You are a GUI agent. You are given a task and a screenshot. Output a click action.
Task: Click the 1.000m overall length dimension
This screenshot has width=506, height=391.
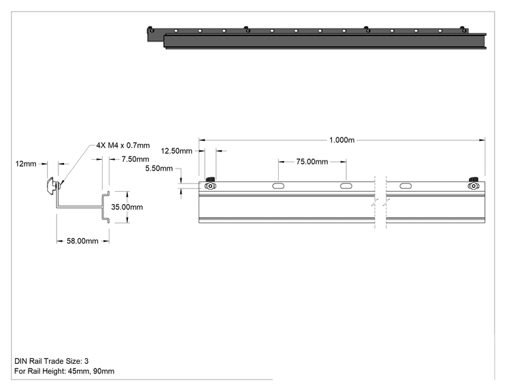341,140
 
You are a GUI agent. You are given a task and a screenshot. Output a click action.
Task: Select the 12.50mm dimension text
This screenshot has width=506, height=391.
177,151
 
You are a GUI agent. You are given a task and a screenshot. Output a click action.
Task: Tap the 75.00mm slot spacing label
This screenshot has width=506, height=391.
312,162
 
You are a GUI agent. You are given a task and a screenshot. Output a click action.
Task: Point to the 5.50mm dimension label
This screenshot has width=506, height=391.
158,169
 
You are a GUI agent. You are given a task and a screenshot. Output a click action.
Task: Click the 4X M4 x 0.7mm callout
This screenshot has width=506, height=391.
123,146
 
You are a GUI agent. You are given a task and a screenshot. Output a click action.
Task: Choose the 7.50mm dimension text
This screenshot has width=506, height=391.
135,159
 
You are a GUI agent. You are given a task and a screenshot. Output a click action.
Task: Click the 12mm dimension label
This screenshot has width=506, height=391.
26,164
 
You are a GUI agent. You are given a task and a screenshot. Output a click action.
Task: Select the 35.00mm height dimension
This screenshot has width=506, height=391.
126,207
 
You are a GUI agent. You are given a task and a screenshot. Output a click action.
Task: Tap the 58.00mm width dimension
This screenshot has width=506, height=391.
82,241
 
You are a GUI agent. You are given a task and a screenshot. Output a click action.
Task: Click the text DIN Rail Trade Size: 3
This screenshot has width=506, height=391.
51,361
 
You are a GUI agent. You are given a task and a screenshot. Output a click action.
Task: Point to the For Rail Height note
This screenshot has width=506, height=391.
64,371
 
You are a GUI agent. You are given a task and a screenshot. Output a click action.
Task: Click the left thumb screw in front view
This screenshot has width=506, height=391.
210,184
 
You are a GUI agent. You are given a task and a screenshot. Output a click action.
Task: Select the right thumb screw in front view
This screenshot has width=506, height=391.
473,184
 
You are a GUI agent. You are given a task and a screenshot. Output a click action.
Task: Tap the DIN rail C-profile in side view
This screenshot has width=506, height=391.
106,207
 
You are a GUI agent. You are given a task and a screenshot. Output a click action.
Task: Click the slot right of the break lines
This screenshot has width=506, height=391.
405,186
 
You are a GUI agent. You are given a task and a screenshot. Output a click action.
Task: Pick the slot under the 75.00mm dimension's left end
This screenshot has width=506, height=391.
278,186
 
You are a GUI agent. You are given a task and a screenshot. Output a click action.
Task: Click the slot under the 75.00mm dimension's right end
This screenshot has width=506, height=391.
346,186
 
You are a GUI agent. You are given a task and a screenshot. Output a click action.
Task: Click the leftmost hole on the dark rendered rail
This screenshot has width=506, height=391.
152,31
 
